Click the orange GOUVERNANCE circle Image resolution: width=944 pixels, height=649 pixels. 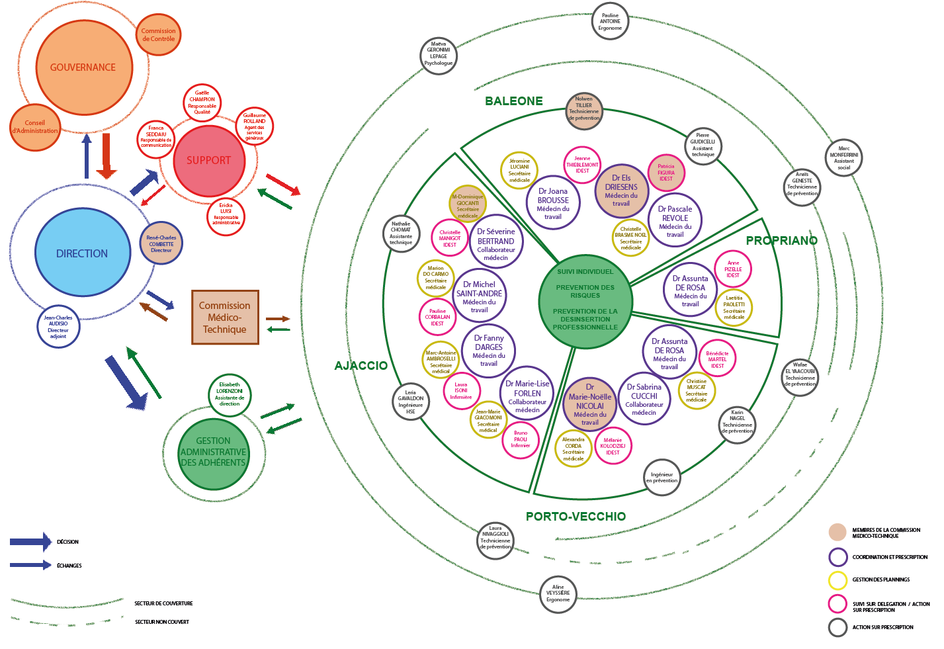pos(83,67)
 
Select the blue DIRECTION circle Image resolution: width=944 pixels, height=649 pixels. pos(82,253)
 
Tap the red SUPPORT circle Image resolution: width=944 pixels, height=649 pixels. pos(208,160)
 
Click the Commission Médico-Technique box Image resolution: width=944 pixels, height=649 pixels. pos(225,318)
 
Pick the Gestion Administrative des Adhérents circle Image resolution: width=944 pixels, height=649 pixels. pos(213,452)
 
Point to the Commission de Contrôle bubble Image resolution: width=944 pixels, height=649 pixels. pos(159,34)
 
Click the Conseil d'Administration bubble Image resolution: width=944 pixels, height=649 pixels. pos(35,126)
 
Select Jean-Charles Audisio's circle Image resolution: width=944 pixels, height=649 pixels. pos(58,327)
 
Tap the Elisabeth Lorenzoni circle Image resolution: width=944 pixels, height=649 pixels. pos(230,394)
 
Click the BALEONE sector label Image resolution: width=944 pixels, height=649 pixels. pos(514,101)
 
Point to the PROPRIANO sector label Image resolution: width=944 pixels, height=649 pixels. pos(781,241)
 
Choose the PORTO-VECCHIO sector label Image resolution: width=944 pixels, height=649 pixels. pos(576,517)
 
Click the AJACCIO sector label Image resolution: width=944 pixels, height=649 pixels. pos(361,366)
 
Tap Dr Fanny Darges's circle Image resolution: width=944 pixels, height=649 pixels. pos(489,350)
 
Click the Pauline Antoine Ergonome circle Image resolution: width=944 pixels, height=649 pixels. pos(610,21)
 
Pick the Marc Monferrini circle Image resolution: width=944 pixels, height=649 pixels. pos(844,157)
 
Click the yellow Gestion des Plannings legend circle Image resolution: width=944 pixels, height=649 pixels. pos(837,580)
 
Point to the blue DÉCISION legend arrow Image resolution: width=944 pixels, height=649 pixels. pos(30,542)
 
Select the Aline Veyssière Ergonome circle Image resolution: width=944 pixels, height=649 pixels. pos(558,593)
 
